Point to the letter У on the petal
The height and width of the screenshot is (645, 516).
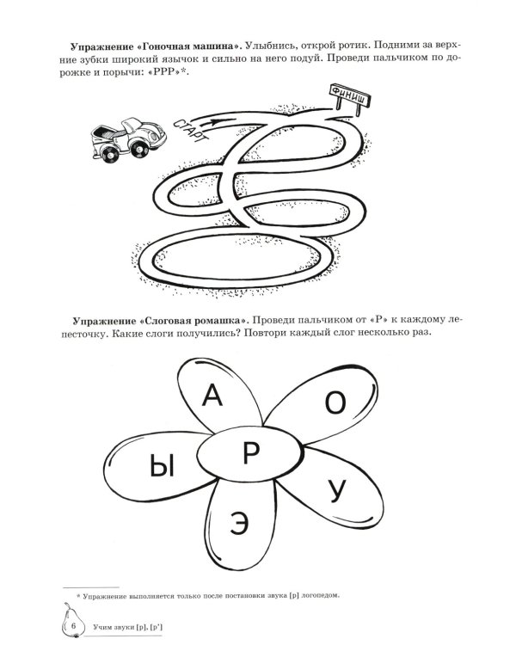[338, 490]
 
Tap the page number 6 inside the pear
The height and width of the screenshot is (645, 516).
[74, 623]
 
